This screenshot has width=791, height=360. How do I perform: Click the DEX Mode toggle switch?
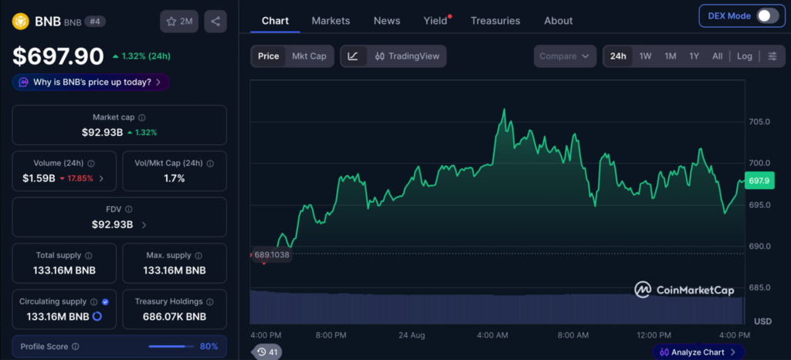[x=768, y=15]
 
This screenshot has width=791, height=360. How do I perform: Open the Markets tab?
[x=331, y=21]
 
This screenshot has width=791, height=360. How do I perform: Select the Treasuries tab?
[x=495, y=21]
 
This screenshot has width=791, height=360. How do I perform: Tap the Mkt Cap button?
[x=309, y=56]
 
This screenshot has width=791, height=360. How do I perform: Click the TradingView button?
[x=407, y=56]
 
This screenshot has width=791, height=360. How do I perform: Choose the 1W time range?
[x=645, y=56]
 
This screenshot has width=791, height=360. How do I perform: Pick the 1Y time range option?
[x=694, y=56]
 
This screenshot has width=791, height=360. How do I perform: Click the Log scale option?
[x=744, y=56]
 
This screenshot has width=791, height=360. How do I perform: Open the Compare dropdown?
[x=565, y=56]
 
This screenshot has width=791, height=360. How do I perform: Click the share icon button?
[x=216, y=21]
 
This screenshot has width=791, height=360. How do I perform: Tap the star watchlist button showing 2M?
[x=179, y=21]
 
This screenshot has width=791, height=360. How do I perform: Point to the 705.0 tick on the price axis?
[x=759, y=121]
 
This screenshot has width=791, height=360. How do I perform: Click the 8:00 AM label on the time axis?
[x=573, y=335]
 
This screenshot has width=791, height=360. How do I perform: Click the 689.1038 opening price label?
[x=271, y=255]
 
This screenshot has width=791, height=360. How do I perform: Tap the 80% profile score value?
[x=209, y=346]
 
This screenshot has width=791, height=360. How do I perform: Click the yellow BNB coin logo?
[x=21, y=21]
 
